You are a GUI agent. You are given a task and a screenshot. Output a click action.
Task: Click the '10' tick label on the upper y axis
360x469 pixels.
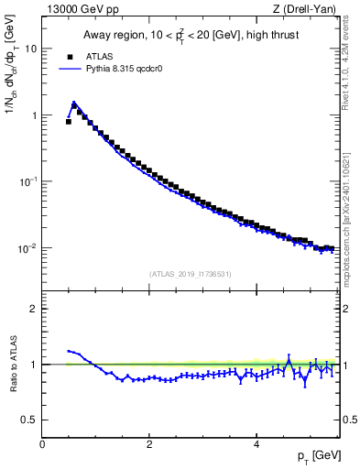point(32,49)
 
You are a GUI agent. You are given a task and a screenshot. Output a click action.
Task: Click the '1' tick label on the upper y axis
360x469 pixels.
point(35,115)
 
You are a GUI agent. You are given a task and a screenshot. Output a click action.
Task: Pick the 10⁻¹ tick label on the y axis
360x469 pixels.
point(29,181)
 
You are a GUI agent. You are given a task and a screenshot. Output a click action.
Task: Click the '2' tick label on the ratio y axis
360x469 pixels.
point(35,309)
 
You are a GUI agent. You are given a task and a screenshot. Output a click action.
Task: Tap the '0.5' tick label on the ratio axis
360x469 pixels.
point(30,420)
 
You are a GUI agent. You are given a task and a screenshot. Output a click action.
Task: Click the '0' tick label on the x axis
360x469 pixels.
point(42,443)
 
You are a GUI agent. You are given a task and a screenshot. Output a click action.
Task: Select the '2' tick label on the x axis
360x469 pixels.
point(148,443)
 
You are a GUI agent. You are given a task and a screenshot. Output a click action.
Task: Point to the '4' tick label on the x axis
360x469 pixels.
point(256,443)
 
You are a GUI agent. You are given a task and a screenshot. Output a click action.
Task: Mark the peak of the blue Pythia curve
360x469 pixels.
point(73,103)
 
